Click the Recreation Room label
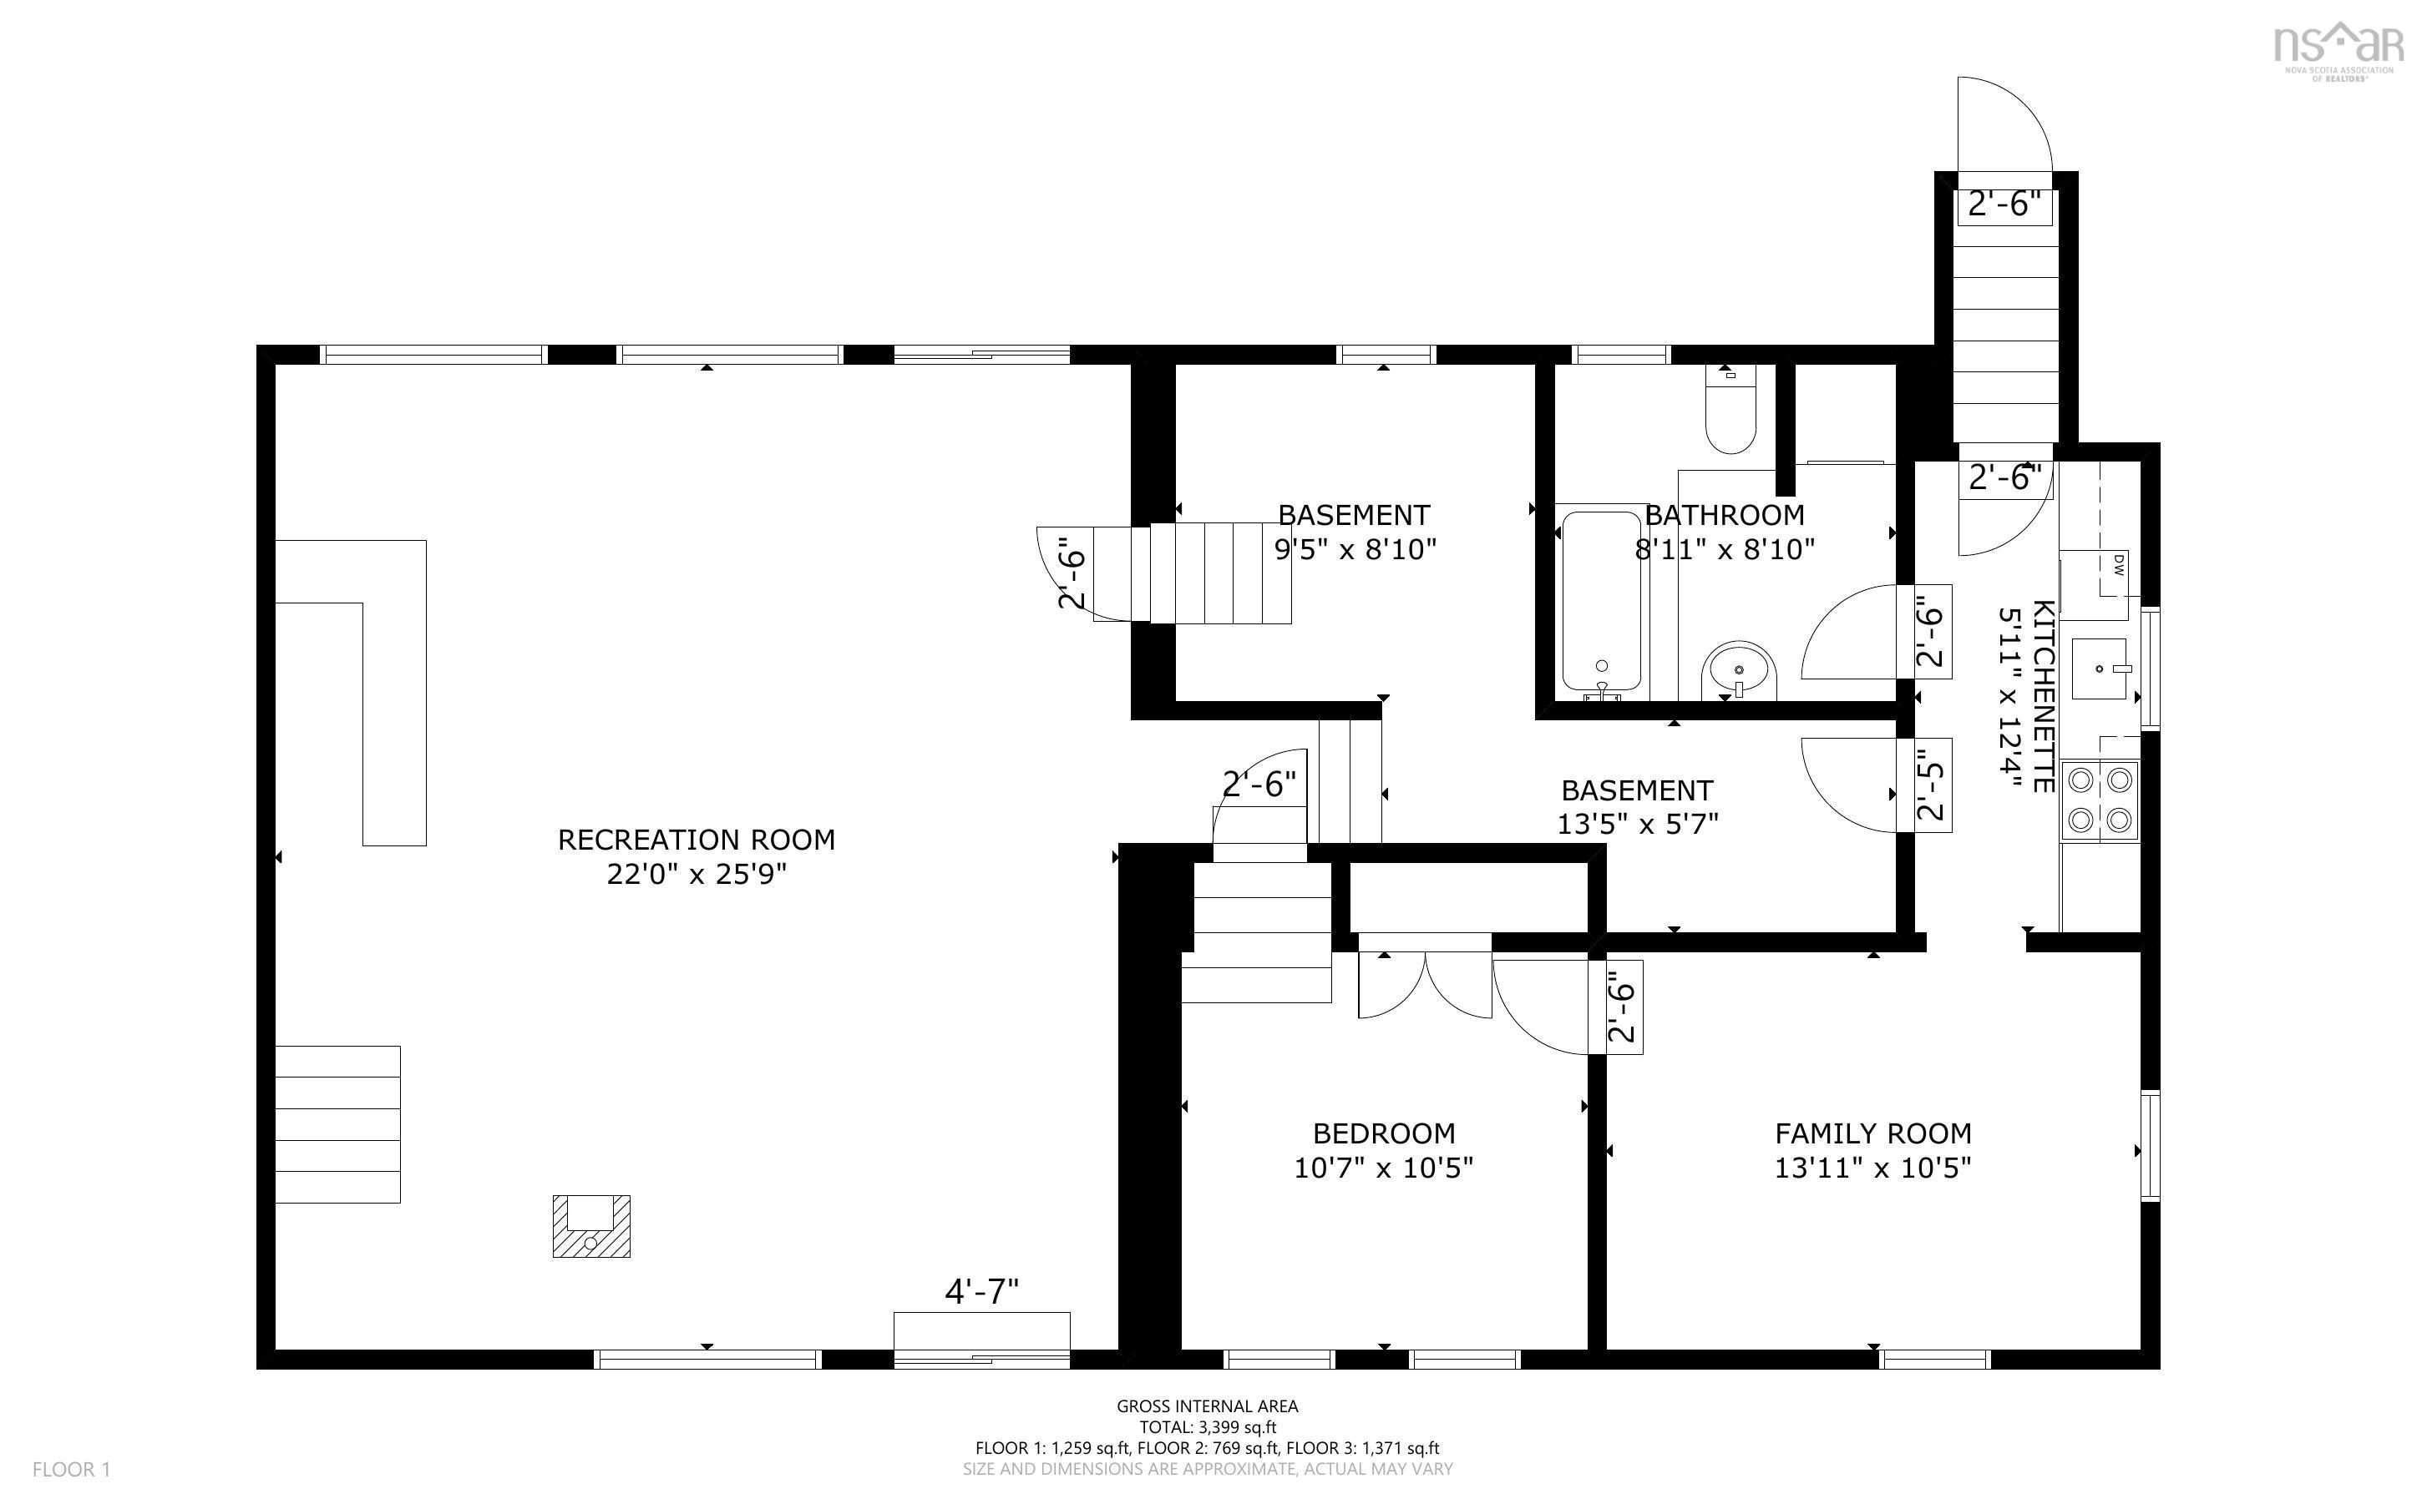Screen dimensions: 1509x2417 point(696,840)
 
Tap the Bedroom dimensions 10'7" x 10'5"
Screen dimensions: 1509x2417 point(1383,1167)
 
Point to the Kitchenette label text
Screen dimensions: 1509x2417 point(2043,695)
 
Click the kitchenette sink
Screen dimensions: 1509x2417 point(2100,668)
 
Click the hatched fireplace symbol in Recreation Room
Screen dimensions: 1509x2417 point(591,1225)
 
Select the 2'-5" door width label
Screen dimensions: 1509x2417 point(1931,785)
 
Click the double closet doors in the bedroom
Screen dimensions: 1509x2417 point(1425,983)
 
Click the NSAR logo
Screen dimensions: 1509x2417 point(2336,50)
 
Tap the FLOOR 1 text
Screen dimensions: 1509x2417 point(71,1469)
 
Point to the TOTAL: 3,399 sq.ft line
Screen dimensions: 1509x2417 point(1207,1427)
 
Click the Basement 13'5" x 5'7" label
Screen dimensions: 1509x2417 point(1636,806)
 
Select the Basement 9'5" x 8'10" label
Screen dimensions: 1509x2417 point(1354,531)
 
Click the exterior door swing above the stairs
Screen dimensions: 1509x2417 point(2002,124)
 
